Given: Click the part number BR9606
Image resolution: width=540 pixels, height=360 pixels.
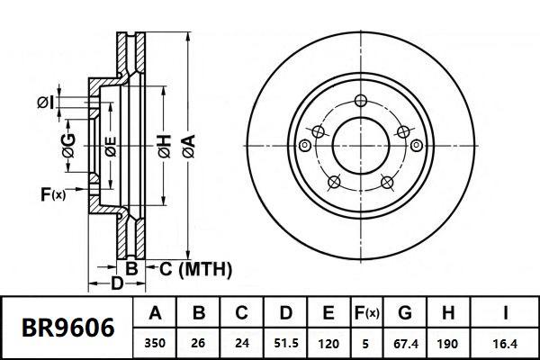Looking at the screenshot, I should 67,328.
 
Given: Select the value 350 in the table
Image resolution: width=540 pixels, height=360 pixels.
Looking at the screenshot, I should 155,343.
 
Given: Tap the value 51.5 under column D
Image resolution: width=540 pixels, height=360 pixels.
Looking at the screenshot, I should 284,343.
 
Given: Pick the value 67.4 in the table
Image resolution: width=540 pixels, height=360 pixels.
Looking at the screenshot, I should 405,343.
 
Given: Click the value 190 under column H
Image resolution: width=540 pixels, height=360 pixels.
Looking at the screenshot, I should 446,343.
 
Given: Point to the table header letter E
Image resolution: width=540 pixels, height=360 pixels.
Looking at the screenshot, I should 328,314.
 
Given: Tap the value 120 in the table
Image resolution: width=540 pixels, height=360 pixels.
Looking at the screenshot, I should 328,343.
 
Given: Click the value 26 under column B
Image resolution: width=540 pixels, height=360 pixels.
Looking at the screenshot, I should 200,343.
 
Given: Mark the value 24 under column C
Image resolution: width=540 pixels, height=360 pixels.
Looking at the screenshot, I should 241,343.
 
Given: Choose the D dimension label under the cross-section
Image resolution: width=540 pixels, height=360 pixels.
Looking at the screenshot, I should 117,285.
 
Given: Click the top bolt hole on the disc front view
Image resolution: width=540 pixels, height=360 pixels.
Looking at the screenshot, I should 361,100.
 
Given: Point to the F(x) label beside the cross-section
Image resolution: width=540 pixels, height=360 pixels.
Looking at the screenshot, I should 53,193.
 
